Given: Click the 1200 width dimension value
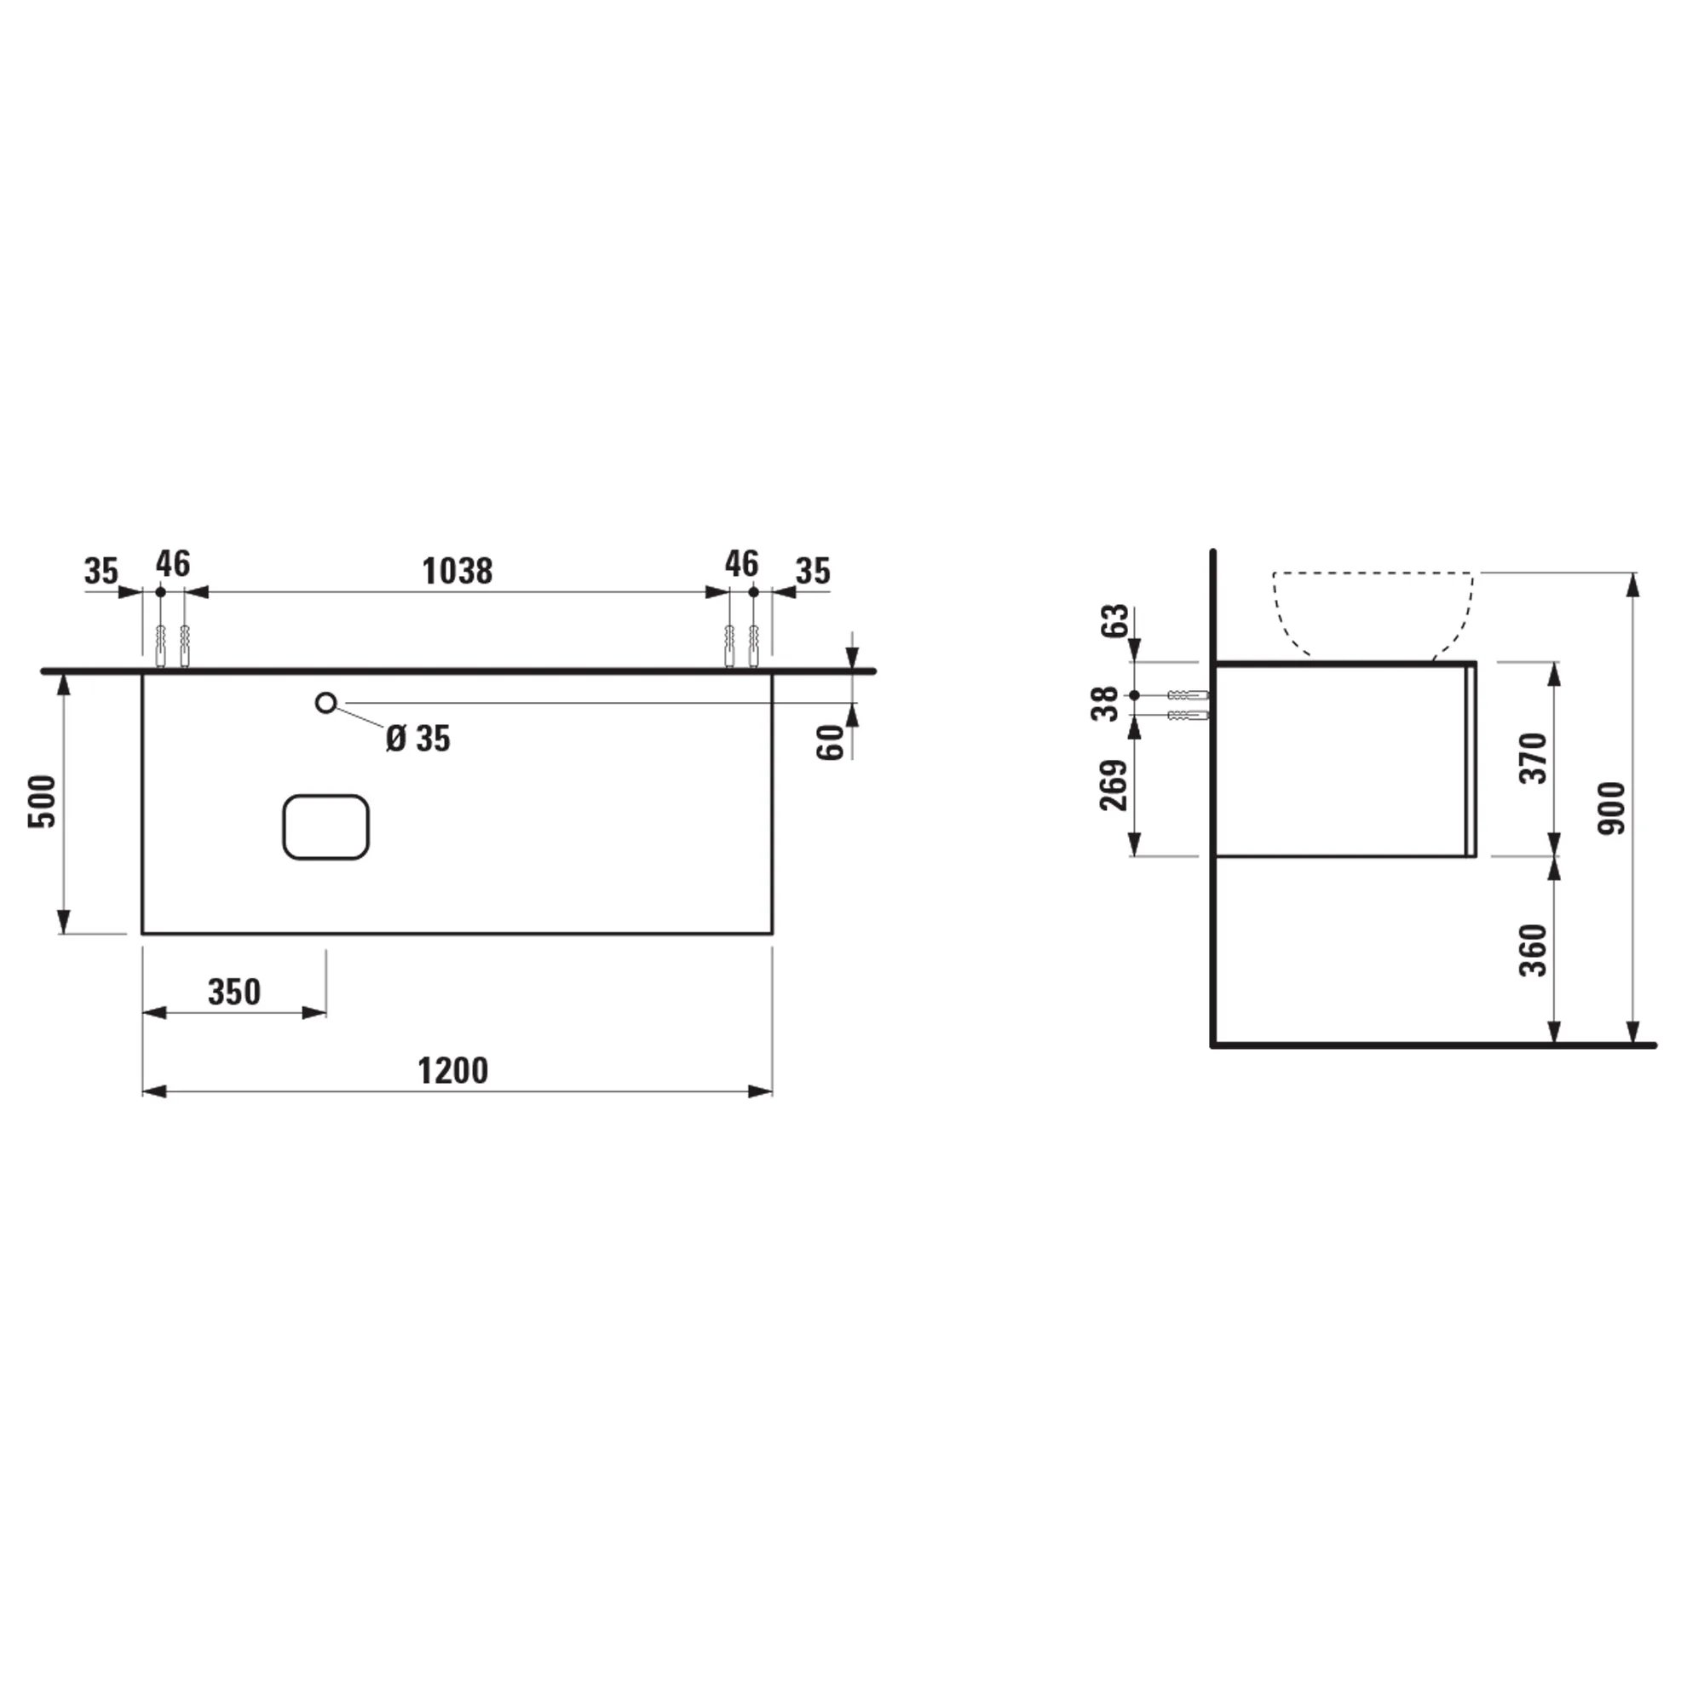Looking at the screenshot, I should click(x=452, y=1072).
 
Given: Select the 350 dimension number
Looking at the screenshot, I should click(x=233, y=993).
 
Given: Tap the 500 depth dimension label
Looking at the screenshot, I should click(x=43, y=801).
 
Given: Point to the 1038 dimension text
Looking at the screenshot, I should click(x=457, y=572).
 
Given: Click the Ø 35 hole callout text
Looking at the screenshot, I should click(x=418, y=739).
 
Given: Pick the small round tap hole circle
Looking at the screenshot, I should click(x=325, y=703).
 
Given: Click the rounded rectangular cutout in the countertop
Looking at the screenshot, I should click(x=325, y=827).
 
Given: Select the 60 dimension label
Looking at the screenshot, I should click(x=831, y=742).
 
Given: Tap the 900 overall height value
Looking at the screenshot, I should click(x=1611, y=808).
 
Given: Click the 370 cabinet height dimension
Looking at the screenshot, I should click(x=1533, y=757).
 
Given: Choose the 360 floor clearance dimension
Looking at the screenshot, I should click(x=1533, y=951).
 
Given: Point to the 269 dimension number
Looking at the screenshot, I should click(x=1114, y=785).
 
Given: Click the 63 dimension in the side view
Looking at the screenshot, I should click(x=1114, y=621).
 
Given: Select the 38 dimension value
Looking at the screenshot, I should click(x=1105, y=704).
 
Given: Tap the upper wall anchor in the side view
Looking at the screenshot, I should click(x=1188, y=695).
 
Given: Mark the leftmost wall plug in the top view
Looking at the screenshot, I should click(x=160, y=646).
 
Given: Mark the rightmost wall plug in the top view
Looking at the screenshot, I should click(x=753, y=646).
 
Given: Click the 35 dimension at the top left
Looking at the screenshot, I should click(x=101, y=572).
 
